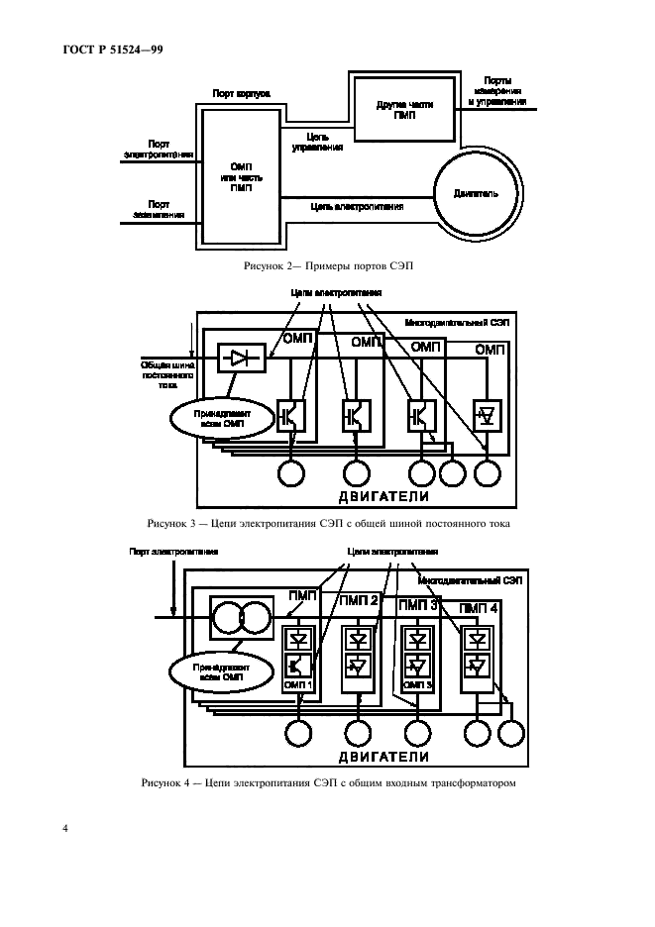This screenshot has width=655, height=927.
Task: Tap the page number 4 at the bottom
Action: point(64,828)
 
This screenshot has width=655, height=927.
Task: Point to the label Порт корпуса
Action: point(242,94)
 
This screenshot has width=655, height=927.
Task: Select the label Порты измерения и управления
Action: point(505,91)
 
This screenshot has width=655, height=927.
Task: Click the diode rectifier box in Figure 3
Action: point(239,359)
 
